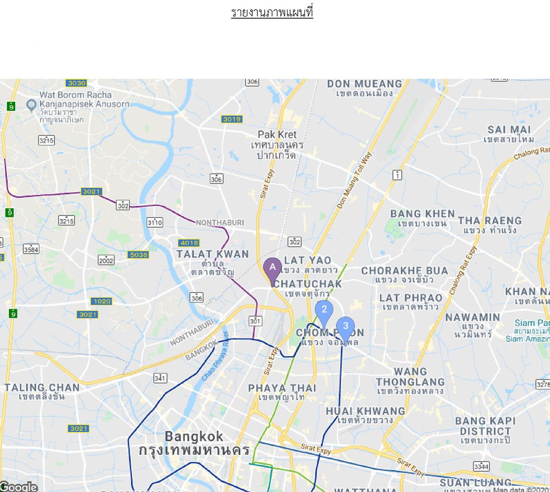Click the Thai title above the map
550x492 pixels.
[272, 12]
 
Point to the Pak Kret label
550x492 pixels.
[277, 135]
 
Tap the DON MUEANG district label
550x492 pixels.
[364, 84]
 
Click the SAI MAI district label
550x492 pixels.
[509, 130]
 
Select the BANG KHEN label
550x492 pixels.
[422, 214]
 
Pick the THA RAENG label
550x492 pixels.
[489, 221]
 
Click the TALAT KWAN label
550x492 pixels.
[213, 254]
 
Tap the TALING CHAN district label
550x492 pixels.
[42, 388]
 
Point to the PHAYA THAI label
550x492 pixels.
[282, 388]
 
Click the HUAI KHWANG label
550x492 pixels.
[365, 411]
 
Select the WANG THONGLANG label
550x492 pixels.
[410, 377]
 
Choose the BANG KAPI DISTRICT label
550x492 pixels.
[485, 426]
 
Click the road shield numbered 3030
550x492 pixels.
[77, 83]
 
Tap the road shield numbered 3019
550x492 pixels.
[232, 119]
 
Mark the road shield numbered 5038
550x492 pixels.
[138, 255]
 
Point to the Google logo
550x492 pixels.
[18, 486]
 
